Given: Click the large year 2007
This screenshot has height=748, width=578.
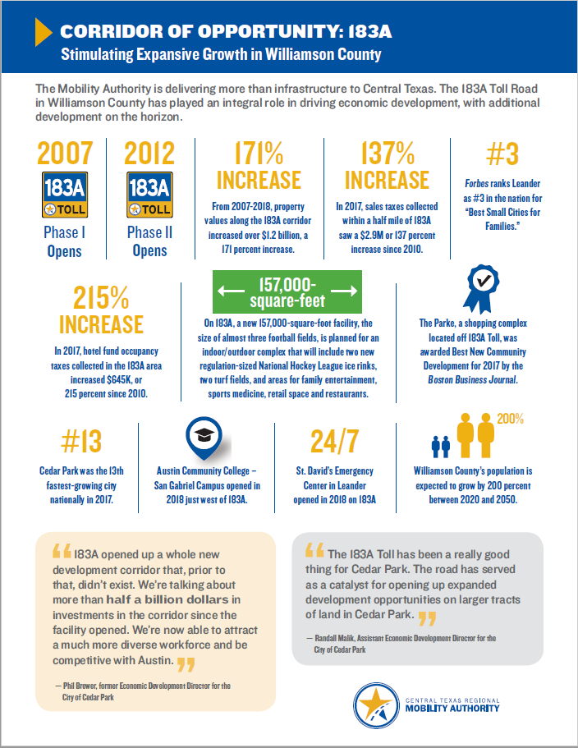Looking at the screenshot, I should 65,154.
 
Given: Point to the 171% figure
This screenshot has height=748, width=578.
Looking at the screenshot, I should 259,154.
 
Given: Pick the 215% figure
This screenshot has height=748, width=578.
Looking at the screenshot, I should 108,297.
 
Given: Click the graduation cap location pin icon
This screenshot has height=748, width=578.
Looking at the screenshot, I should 202,439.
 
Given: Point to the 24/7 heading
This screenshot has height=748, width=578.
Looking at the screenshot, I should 334,441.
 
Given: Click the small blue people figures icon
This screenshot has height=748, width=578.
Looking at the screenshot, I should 441,445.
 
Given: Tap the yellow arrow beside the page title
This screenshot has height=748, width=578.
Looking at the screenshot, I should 43,32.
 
